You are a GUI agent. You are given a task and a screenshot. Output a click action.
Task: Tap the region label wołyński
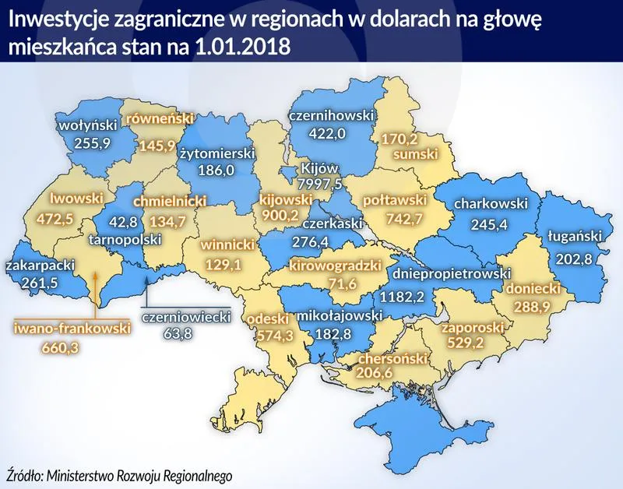pos(87,124)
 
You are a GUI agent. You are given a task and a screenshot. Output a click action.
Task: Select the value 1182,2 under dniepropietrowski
pos(406,296)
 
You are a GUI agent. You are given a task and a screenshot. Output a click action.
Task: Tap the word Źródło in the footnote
pos(24,474)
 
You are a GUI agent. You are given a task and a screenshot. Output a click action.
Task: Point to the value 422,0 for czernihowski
pos(327,132)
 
